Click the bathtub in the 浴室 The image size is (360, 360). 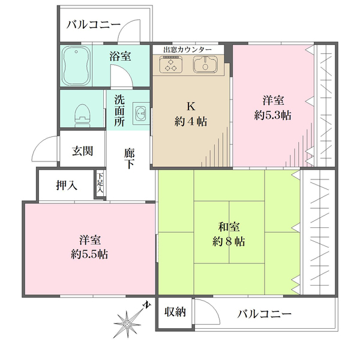[x=77, y=64]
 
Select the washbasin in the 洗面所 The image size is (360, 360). [x=141, y=112]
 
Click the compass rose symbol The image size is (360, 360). [x=128, y=323]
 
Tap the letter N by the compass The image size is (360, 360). [x=146, y=305]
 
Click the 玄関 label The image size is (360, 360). [x=83, y=151]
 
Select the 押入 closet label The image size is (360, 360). [x=66, y=185]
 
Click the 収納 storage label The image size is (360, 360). [x=176, y=312]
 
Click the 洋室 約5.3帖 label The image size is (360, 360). [x=273, y=107]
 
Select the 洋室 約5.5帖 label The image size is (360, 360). [x=89, y=246]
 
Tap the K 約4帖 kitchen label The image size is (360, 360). [x=191, y=113]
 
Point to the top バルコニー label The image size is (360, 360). [x=94, y=25]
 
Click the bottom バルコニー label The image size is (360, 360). [x=264, y=314]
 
